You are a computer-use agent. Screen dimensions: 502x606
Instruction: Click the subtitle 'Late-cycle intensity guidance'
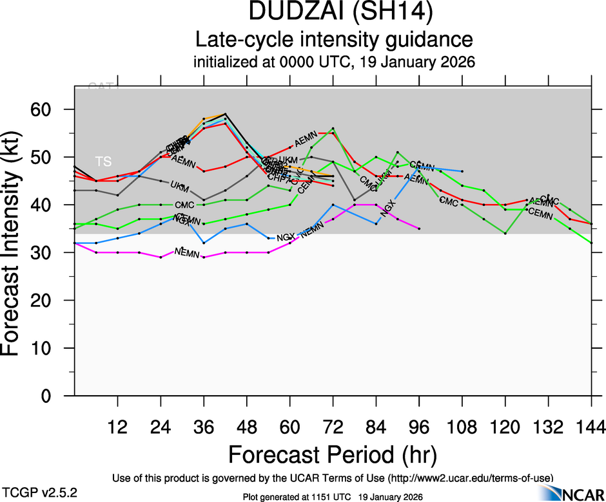(334, 39)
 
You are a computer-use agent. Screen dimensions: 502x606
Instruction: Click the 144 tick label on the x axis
(591, 427)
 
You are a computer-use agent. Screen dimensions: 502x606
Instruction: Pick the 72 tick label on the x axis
(333, 427)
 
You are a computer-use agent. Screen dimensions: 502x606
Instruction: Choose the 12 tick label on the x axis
(117, 427)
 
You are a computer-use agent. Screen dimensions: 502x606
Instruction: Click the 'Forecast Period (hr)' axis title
(333, 454)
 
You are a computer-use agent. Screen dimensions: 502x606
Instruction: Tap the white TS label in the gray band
(103, 161)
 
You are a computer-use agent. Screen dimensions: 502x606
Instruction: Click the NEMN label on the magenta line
(187, 252)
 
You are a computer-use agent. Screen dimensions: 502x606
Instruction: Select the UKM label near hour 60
(288, 160)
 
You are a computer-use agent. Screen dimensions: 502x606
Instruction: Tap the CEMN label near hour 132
(540, 212)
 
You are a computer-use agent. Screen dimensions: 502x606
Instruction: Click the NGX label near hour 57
(284, 239)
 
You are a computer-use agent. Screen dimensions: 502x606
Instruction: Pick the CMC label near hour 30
(184, 205)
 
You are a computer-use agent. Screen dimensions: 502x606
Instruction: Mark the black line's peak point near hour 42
(225, 114)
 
